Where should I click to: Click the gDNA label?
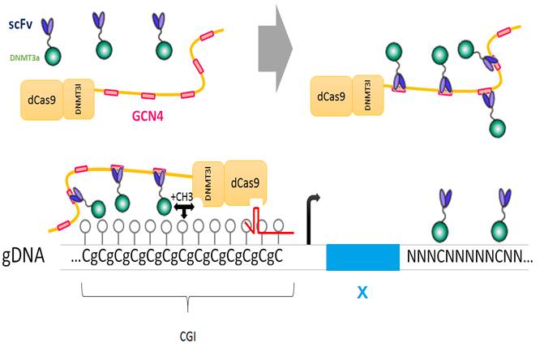pyautogui.click(x=30, y=259)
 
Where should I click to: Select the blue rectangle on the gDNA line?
pyautogui.click(x=362, y=256)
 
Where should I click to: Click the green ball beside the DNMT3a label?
pyautogui.click(x=54, y=57)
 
